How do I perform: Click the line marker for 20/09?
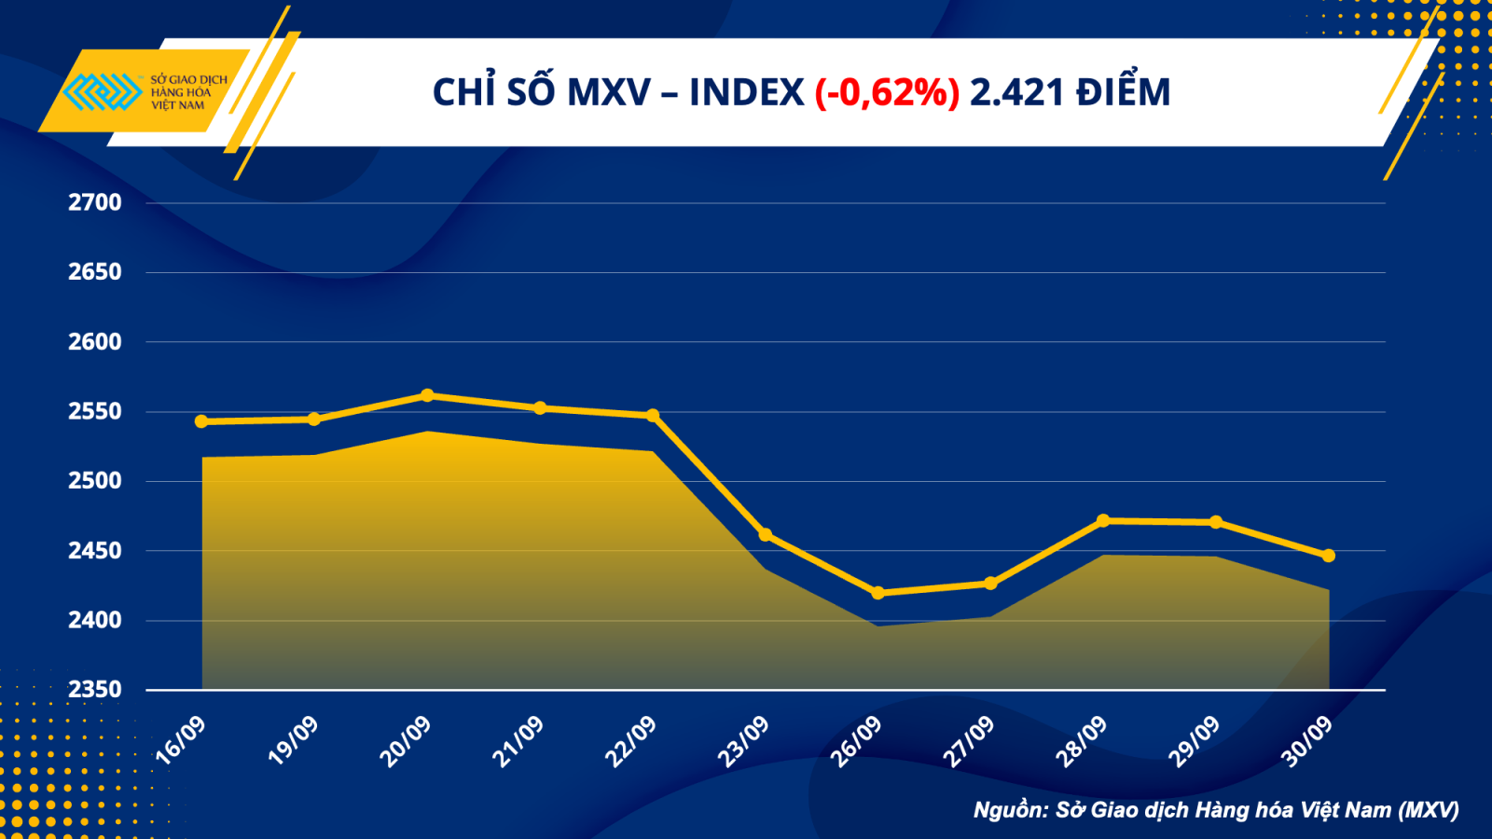pos(427,395)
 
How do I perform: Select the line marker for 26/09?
pos(877,593)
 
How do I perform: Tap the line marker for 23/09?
pos(766,535)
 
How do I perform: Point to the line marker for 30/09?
pos(1329,556)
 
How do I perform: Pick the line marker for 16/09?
pos(201,421)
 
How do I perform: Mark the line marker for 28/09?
pos(1103,520)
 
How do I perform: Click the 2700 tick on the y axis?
pos(94,202)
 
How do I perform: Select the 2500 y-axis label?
pos(94,481)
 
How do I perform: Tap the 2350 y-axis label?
pos(94,689)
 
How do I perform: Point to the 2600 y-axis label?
pos(94,341)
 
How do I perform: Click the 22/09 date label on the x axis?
pos(631,741)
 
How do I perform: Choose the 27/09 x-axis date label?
pos(969,741)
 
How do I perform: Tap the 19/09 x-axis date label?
pos(293,741)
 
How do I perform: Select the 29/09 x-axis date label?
pos(1195,741)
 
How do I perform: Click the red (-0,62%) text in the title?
pos(887,92)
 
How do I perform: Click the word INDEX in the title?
pos(746,92)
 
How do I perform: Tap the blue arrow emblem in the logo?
pos(101,91)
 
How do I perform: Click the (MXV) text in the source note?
pos(1429,809)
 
